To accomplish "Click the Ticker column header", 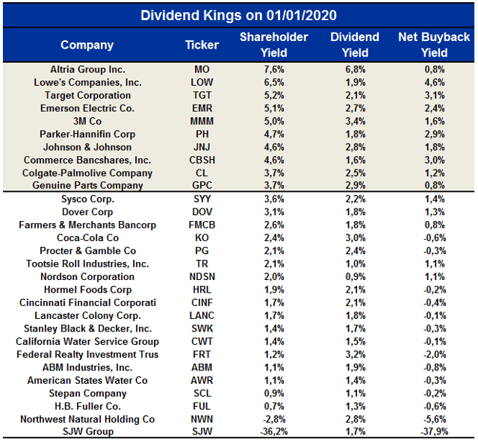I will pyautogui.click(x=202, y=45).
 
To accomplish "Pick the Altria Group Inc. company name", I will pyautogui.click(x=87, y=69).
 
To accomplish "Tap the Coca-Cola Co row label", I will pyautogui.click(x=87, y=238).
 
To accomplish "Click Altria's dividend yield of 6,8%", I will pyautogui.click(x=355, y=69).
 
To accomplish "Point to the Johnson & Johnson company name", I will pyautogui.click(x=87, y=147).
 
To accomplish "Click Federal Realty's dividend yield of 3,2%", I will pyautogui.click(x=355, y=355).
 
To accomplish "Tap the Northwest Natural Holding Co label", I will pyautogui.click(x=87, y=420).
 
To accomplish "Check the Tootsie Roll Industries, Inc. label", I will pyautogui.click(x=87, y=264).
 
